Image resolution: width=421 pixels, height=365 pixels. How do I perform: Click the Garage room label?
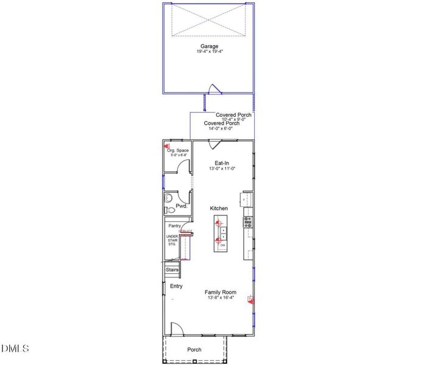pos(209,46)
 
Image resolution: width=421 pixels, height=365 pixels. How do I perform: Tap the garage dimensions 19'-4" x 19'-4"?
pos(209,52)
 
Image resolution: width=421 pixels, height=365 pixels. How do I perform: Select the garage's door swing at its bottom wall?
pos(211,89)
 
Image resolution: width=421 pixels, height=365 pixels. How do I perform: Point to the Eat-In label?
pos(222,163)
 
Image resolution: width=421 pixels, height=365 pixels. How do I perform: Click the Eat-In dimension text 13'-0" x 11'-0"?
pos(222,169)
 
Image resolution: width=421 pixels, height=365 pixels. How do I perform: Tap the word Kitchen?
pos(219,209)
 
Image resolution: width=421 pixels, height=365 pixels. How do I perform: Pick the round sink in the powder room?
pos(169,198)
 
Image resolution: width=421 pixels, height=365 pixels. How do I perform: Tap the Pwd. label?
pos(181,206)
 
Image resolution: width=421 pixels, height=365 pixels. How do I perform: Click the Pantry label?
pos(175,226)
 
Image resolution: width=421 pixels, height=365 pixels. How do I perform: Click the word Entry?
pos(176,286)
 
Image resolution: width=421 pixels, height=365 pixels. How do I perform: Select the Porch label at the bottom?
pos(194,350)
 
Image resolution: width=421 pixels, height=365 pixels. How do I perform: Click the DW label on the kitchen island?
pos(223,245)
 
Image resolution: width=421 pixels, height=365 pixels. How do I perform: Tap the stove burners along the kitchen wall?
pos(247,222)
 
